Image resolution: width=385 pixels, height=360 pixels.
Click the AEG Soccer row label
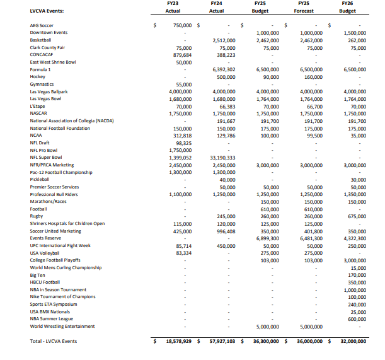[42, 26]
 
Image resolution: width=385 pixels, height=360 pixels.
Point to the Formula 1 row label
[40, 69]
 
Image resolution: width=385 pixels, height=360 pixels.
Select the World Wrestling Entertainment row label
[62, 326]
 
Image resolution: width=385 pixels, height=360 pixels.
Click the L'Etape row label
[38, 106]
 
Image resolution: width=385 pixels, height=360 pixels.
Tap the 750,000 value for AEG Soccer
[178, 26]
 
